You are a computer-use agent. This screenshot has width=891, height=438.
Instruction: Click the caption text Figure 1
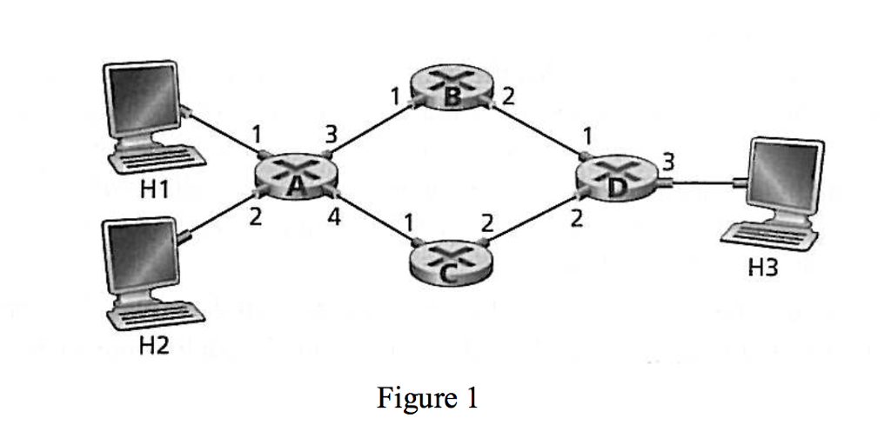427,398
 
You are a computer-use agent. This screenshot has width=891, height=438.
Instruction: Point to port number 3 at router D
667,160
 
